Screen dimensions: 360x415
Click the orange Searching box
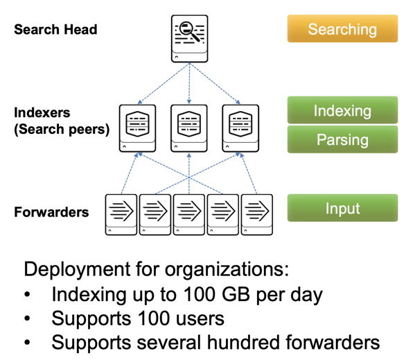[x=342, y=29]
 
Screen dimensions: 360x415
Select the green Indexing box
[x=342, y=110]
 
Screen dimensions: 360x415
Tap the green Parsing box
[x=342, y=139]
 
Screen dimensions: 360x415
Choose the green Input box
[x=342, y=208]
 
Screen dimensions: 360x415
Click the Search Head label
[x=55, y=30]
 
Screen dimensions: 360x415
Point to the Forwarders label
[x=51, y=212]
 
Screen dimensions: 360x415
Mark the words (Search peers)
[x=62, y=130]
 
